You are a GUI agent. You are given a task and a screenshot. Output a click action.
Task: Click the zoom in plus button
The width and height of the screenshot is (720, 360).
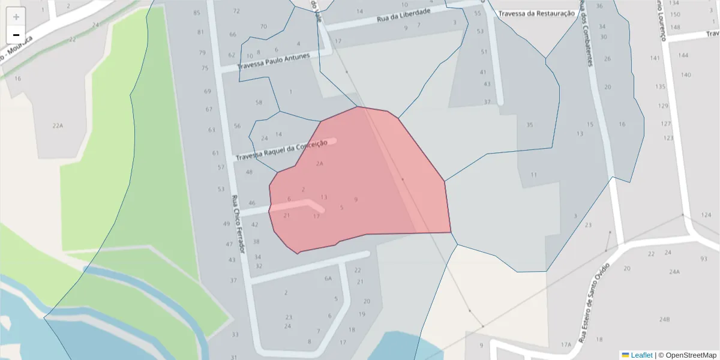pyautogui.click(x=16, y=17)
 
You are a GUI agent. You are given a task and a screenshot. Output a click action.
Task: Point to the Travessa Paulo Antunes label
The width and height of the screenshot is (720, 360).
pyautogui.click(x=274, y=61)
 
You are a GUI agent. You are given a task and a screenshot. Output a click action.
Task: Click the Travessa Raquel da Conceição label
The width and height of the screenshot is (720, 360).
pyautogui.click(x=281, y=150)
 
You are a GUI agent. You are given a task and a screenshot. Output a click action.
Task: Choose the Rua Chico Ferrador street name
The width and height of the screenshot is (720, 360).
pyautogui.click(x=239, y=224)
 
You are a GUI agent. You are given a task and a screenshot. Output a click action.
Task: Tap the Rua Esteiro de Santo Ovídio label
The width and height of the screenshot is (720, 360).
pyautogui.click(x=594, y=303)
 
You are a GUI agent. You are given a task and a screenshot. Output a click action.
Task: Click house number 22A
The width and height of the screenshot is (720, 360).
pyautogui.click(x=58, y=125)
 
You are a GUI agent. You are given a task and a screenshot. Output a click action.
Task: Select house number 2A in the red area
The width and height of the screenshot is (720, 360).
pyautogui.click(x=320, y=163)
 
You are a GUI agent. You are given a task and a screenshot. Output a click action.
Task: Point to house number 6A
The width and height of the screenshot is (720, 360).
pyautogui.click(x=328, y=278)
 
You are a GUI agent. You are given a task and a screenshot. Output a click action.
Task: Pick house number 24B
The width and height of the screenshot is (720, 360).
pyautogui.click(x=664, y=319)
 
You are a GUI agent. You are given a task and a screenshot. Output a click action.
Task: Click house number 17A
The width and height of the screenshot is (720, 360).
pyautogui.click(x=566, y=344)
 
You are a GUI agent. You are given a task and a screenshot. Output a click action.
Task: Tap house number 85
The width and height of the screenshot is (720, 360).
pyautogui.click(x=197, y=13)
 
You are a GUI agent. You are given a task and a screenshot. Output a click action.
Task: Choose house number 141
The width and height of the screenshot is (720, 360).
pyautogui.click(x=655, y=58)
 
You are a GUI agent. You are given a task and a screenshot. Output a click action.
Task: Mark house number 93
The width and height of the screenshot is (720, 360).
pyautogui.click(x=704, y=259)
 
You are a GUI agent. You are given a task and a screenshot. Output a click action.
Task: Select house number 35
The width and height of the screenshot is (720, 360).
pyautogui.click(x=530, y=125)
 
